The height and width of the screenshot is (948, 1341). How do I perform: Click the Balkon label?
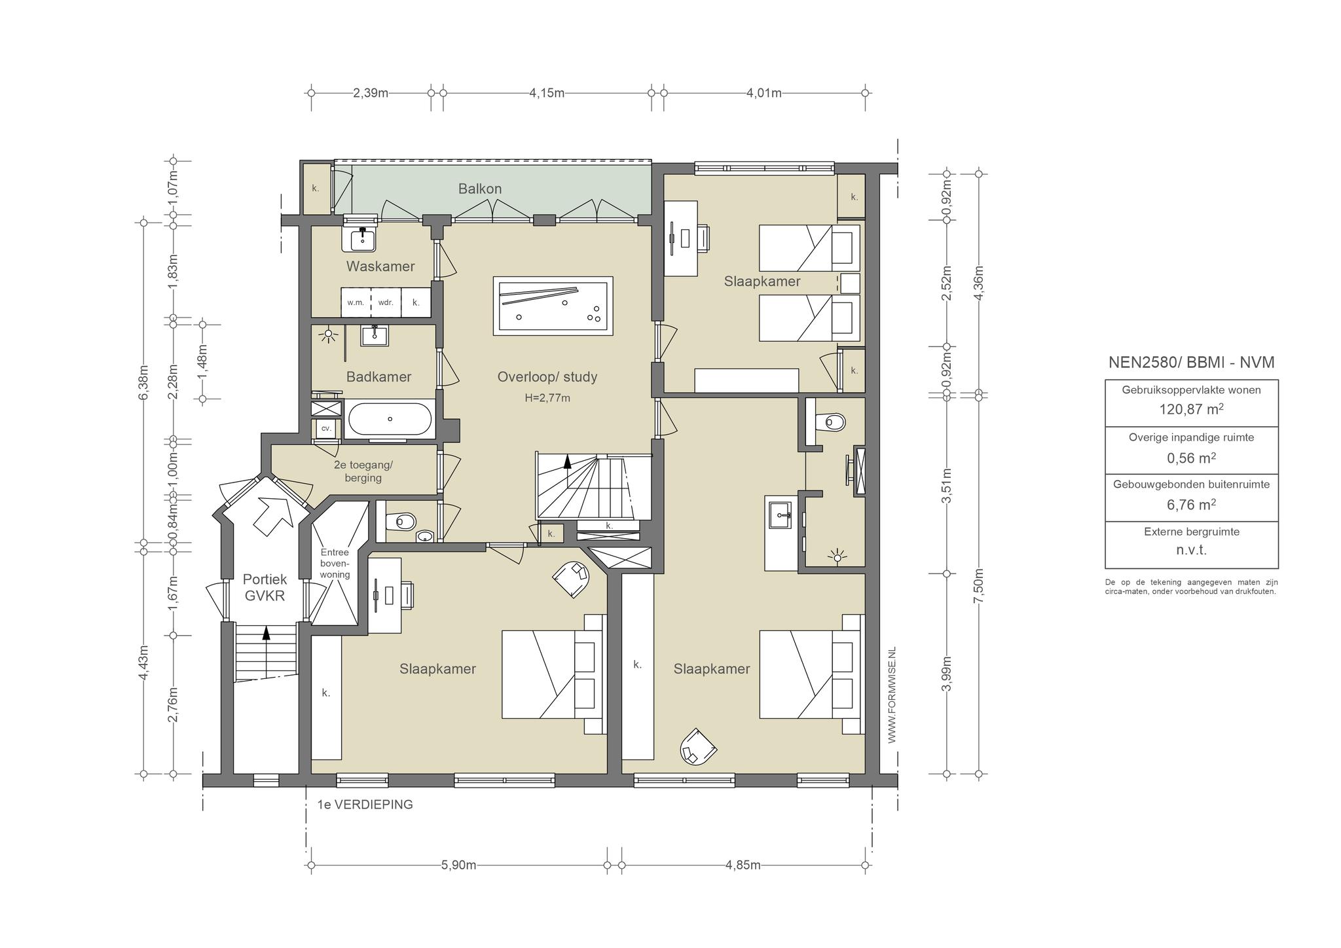[480, 189]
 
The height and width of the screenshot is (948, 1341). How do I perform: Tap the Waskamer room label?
[380, 266]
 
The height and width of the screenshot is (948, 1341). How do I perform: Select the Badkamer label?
[379, 377]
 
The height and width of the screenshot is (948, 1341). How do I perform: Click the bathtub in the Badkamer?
[390, 419]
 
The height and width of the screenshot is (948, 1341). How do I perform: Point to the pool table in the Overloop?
[553, 306]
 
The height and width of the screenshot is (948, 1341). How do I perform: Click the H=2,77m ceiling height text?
[547, 398]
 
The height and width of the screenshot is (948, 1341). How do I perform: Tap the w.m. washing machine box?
[356, 302]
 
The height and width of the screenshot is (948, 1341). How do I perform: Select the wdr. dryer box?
[386, 302]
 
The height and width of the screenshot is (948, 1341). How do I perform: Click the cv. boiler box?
[326, 429]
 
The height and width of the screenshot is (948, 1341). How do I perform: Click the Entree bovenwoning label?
[335, 564]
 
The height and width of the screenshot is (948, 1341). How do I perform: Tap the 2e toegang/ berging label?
[363, 471]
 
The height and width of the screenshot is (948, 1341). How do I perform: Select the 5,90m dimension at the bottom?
[458, 865]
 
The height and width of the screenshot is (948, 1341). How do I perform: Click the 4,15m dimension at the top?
[547, 93]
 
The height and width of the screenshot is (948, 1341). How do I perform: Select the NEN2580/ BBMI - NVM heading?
[1192, 363]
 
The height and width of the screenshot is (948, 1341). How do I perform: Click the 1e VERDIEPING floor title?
[365, 805]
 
